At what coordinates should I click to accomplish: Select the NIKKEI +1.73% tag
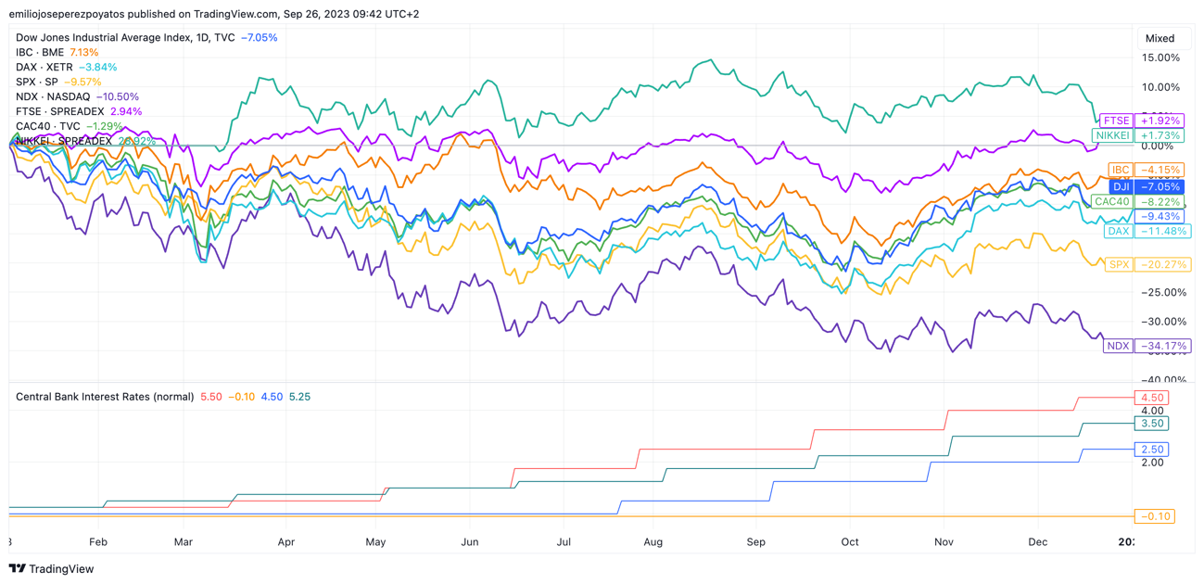(x=1137, y=135)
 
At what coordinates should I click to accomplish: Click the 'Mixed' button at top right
(x=1160, y=38)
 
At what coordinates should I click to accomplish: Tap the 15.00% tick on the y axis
(x=1161, y=57)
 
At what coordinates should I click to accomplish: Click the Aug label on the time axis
(x=653, y=541)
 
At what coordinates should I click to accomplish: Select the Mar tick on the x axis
(x=183, y=541)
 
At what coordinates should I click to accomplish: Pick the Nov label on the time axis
(x=944, y=541)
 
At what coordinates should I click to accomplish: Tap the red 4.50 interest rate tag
(x=1152, y=398)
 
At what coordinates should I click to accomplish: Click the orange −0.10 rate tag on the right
(x=1154, y=516)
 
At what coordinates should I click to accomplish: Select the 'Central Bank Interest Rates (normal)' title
(x=105, y=397)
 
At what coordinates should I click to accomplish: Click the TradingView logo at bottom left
(x=52, y=569)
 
